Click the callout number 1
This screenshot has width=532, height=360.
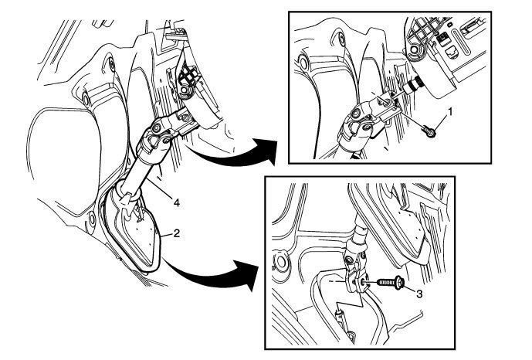click(x=449, y=112)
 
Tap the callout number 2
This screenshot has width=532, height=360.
click(x=176, y=233)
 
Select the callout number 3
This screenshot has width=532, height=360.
click(x=419, y=294)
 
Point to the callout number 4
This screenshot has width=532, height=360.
click(x=176, y=203)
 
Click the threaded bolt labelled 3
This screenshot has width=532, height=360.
click(x=391, y=282)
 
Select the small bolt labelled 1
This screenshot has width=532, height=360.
click(x=429, y=131)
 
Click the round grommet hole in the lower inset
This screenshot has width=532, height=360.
click(x=281, y=263)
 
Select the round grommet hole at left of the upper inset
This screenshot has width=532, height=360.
click(x=302, y=61)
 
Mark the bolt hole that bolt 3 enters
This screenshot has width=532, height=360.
click(x=364, y=281)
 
